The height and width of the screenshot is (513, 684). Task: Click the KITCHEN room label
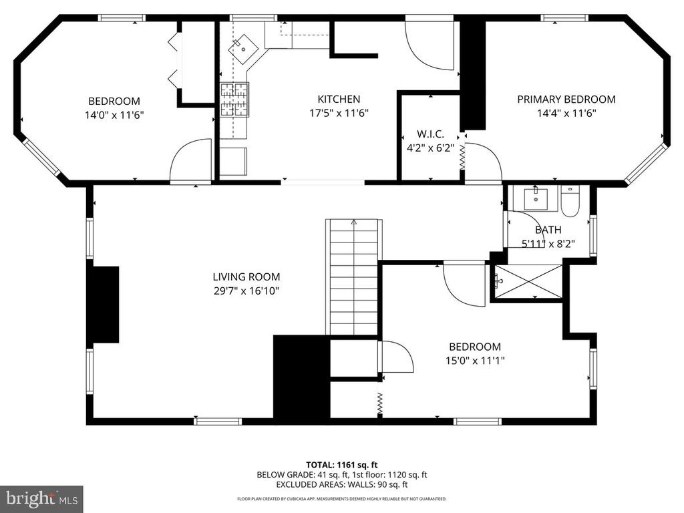[339, 99]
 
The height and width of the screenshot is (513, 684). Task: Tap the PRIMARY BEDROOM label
[566, 100]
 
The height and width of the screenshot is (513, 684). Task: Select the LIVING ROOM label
[246, 277]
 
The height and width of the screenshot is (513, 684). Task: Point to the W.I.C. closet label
[430, 134]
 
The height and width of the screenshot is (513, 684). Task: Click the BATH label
[548, 230]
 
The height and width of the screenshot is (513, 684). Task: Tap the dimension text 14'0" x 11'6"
[114, 115]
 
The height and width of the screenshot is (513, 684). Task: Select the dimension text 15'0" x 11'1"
[475, 361]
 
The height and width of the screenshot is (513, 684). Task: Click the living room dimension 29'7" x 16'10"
[246, 291]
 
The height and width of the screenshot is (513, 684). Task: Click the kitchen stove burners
[234, 100]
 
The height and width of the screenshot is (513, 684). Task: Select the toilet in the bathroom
[570, 201]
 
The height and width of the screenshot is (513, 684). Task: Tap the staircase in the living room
[353, 277]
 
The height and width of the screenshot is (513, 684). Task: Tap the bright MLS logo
[42, 498]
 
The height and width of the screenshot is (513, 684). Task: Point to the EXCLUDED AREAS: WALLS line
[341, 484]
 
